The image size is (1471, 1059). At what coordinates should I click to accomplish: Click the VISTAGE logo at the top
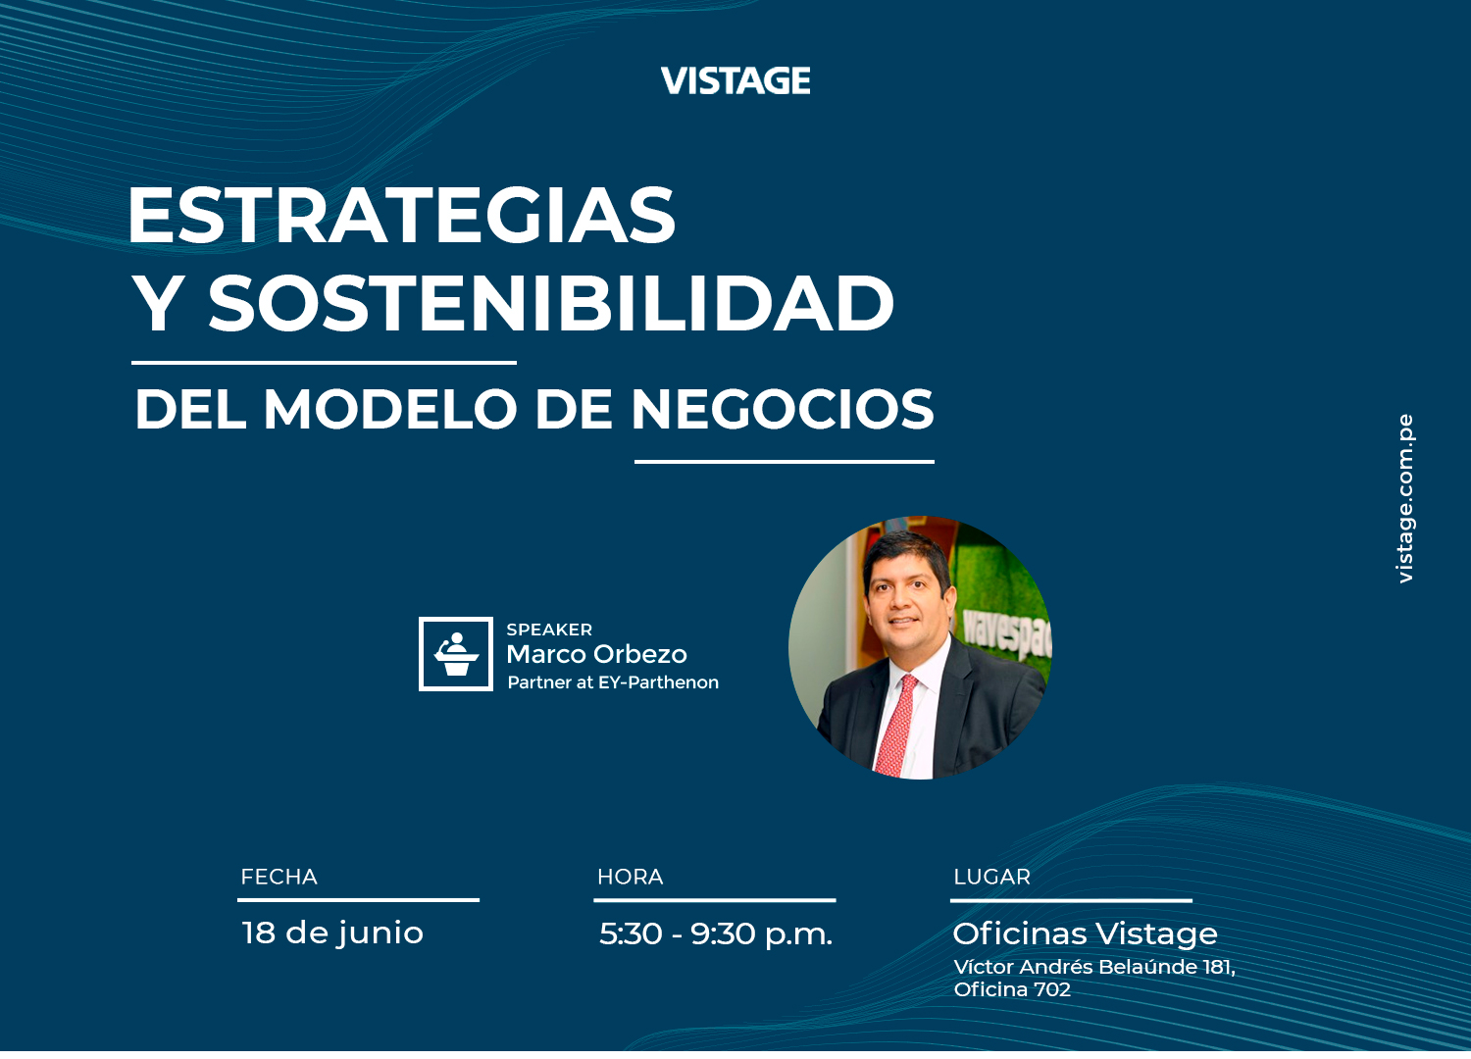coord(735,80)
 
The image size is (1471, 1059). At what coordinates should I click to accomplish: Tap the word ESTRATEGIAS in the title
coord(402,215)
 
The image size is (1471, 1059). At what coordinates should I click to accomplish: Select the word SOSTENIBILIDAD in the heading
coord(551,303)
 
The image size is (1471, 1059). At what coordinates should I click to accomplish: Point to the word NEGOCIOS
coord(783,409)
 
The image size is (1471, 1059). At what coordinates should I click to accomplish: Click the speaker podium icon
coord(456,653)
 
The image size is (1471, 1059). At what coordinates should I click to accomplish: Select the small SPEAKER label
coord(549,630)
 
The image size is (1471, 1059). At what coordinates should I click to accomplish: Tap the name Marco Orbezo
coord(596,654)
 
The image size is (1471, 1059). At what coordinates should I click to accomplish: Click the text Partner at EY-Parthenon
coord(613,682)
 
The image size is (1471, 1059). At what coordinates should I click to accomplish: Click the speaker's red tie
coord(896,726)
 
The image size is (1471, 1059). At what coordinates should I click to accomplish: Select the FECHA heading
coord(279,877)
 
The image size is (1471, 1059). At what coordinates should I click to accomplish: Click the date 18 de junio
coord(332,933)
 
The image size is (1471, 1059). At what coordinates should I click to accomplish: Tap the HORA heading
coord(630,877)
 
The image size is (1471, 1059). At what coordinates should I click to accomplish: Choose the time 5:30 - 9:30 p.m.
coord(716,933)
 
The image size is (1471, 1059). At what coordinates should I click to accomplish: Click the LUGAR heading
coord(991,877)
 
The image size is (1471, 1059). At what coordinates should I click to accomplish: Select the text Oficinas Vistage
coord(1085,933)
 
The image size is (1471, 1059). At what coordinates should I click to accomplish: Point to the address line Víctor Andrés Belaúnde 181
coord(1094,967)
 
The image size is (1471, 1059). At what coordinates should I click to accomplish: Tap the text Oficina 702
coord(1012,989)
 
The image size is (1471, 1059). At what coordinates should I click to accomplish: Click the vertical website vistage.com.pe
coord(1404,498)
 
